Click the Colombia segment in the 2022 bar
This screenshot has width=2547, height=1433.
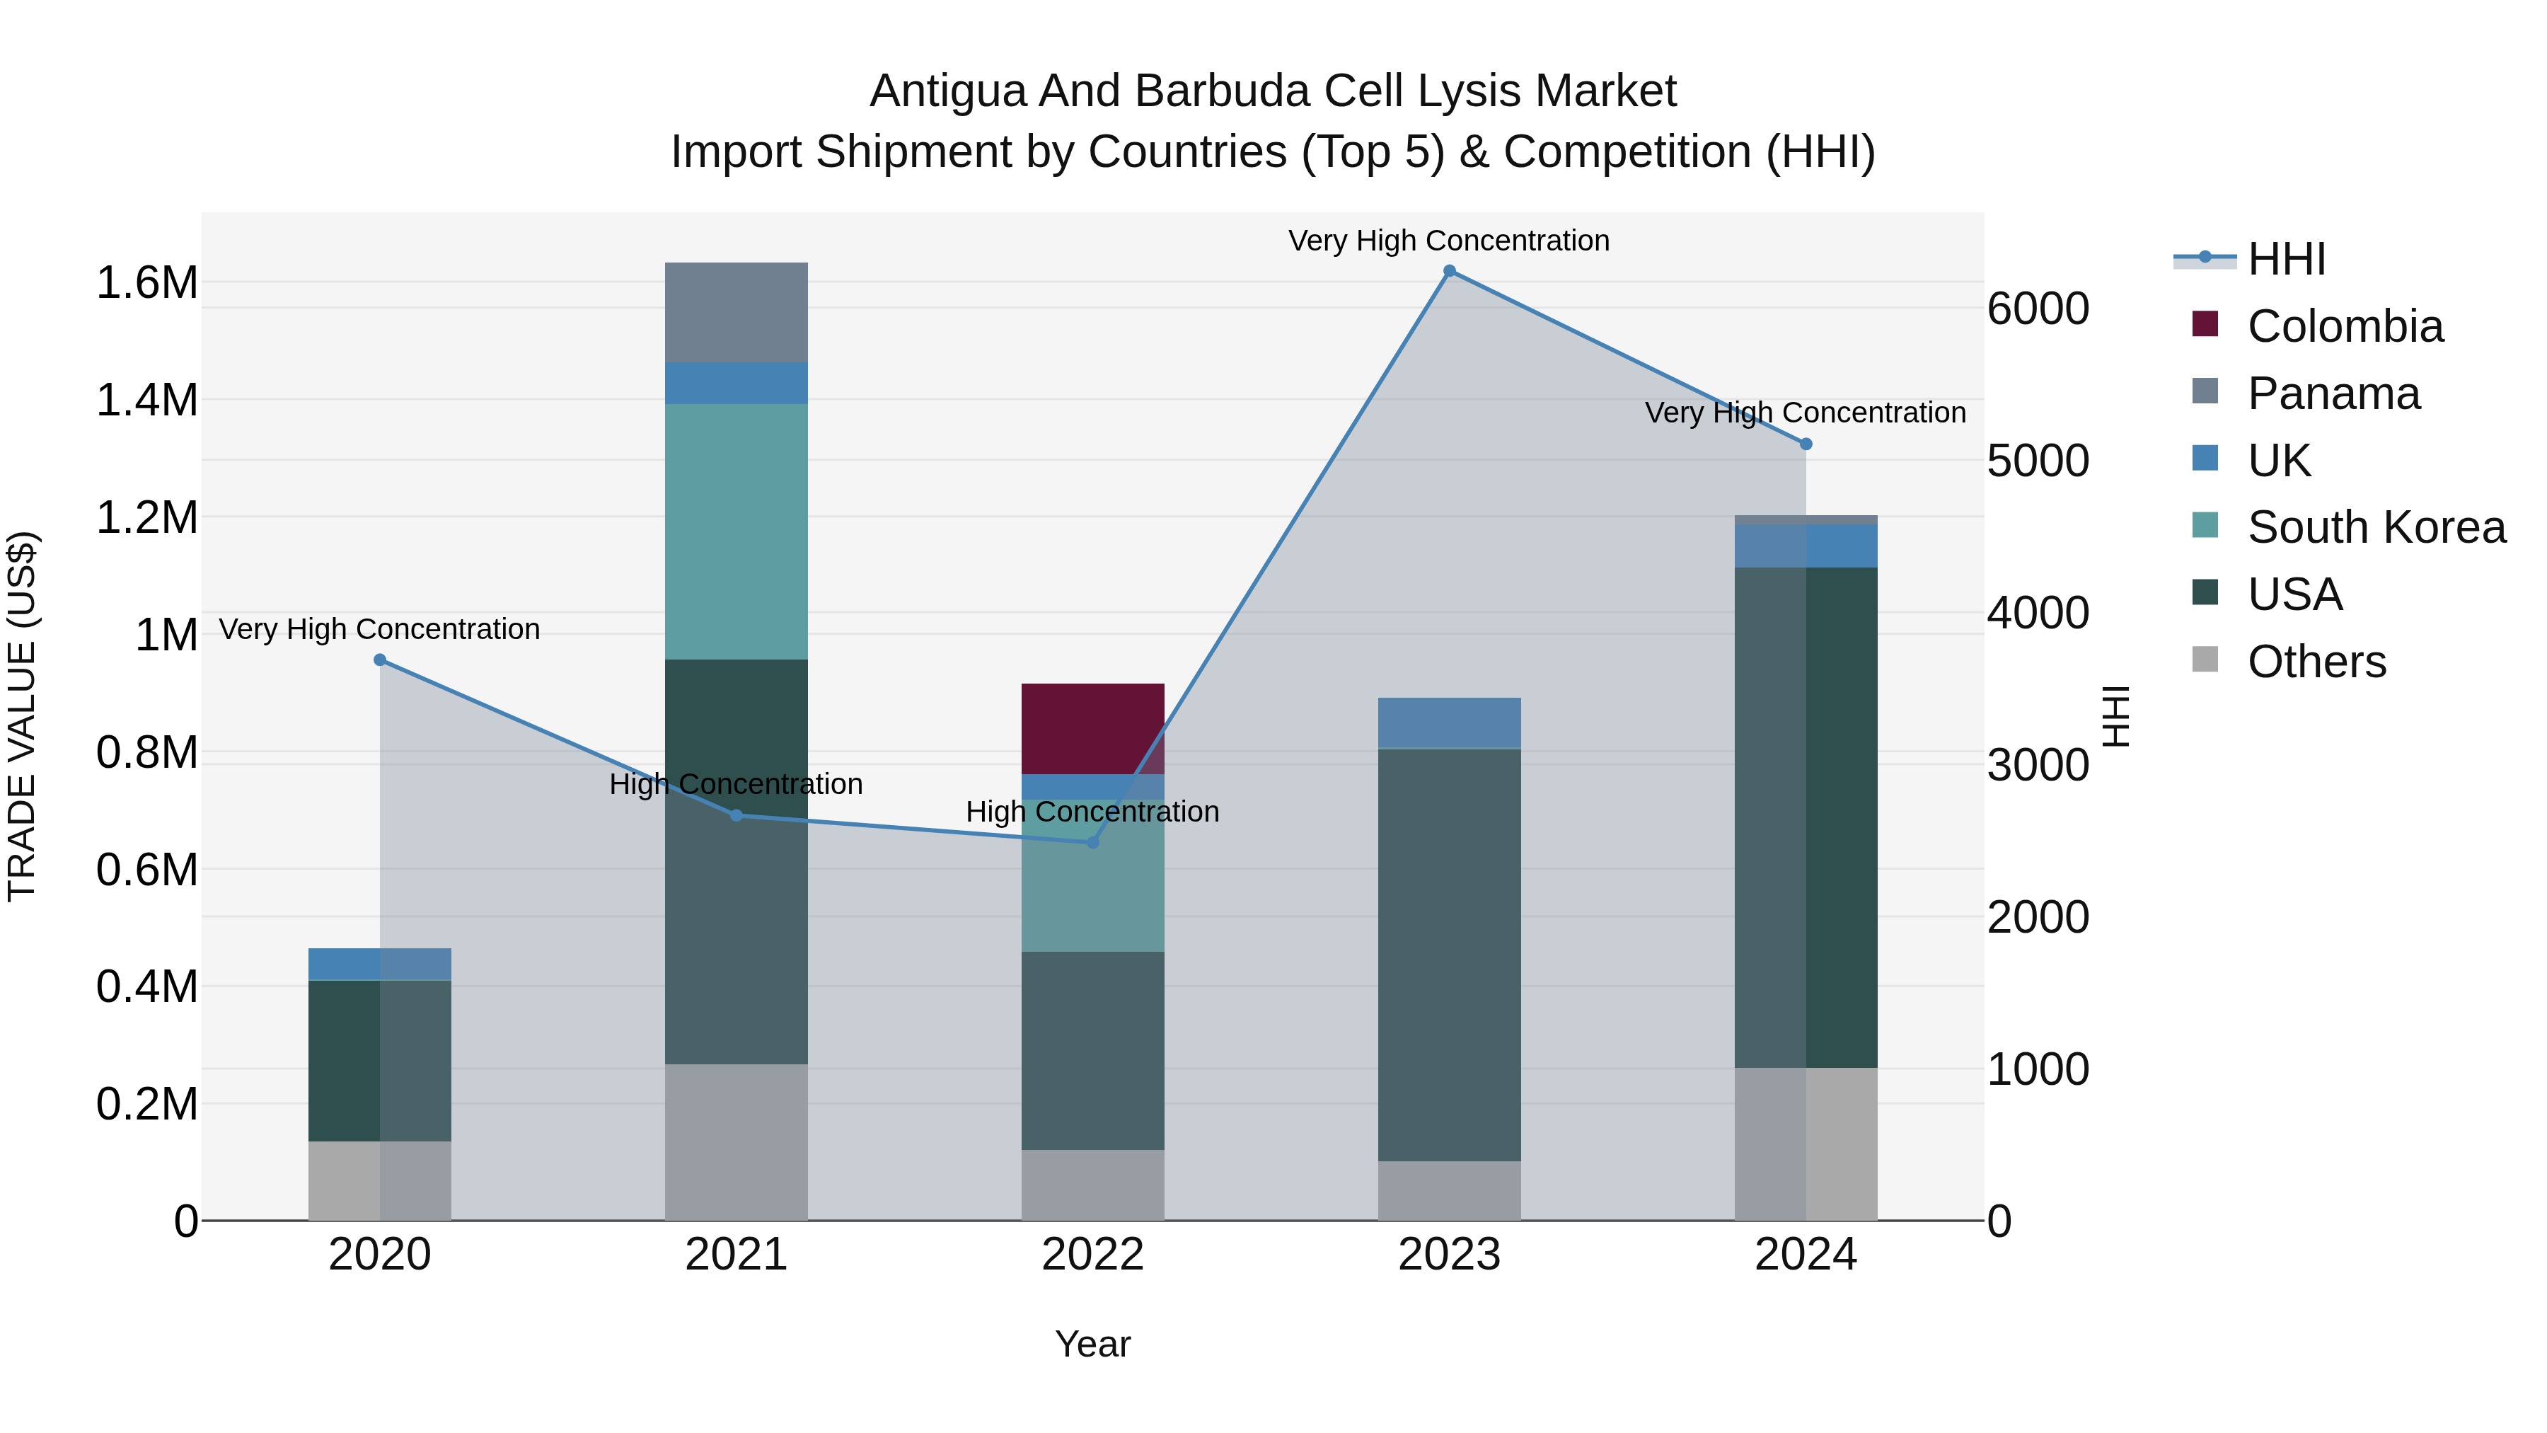(1092, 728)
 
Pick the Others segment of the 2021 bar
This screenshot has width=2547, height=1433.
(736, 1141)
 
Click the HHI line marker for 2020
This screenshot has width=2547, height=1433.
(380, 660)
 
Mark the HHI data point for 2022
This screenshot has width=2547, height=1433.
(1092, 843)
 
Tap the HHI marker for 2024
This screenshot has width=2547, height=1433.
(1806, 444)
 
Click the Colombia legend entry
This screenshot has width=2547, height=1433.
(2343, 326)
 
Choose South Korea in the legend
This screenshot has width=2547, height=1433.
(2375, 527)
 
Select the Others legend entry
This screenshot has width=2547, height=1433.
(2316, 662)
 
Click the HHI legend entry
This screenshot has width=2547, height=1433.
(2286, 259)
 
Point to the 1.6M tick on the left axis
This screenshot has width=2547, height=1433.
(146, 283)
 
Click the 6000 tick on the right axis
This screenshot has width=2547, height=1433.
(2038, 309)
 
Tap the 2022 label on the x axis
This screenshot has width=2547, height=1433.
(1092, 1255)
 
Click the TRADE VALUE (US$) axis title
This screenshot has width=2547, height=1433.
(22, 716)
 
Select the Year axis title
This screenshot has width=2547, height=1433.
(1092, 1344)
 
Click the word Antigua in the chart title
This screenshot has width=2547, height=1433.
(947, 91)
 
